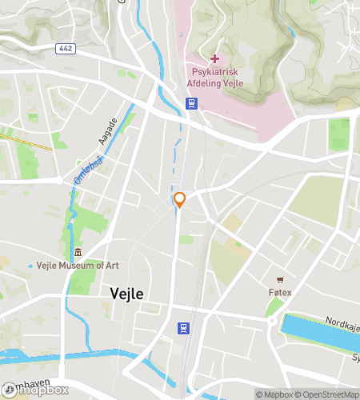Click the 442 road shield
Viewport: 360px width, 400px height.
click(66, 49)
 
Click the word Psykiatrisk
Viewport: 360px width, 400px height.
click(214, 70)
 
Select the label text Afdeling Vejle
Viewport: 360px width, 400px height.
click(214, 81)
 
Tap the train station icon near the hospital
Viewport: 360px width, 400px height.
click(192, 102)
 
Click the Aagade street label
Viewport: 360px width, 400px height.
click(109, 131)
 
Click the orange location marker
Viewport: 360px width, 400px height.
click(180, 199)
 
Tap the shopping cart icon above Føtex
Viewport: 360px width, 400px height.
click(280, 280)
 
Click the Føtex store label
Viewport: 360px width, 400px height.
click(280, 293)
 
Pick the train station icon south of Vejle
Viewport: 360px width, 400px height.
click(184, 328)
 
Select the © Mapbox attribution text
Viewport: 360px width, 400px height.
click(274, 394)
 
